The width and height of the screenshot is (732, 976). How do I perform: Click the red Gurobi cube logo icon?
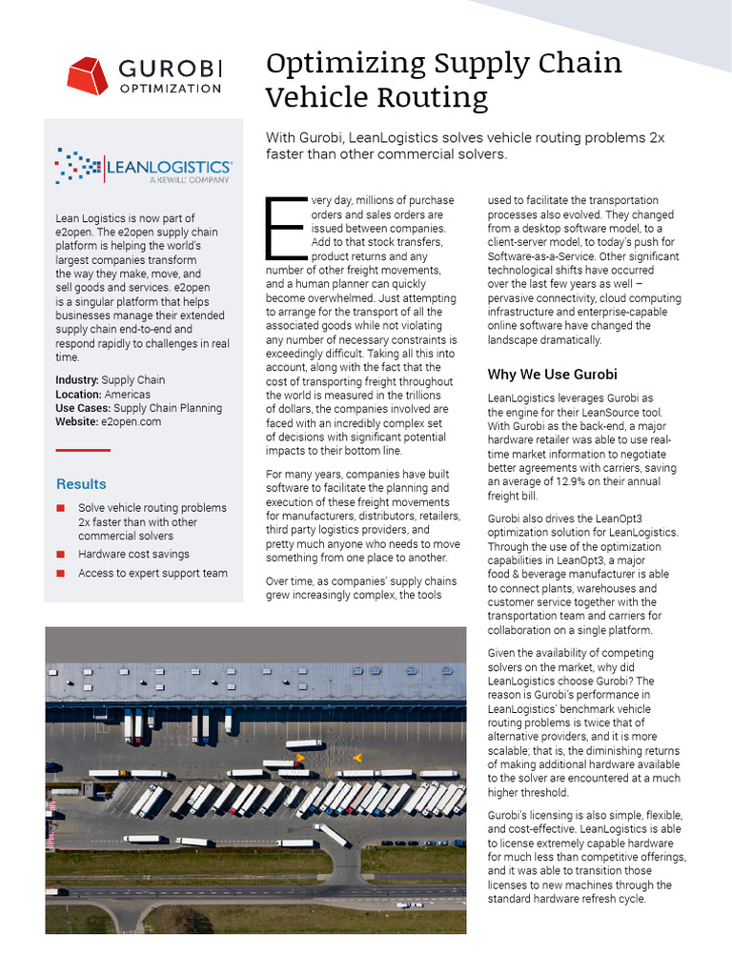click(x=88, y=76)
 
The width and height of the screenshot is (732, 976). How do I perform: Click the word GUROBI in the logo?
click(x=170, y=68)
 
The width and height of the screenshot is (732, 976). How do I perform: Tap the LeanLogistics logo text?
click(x=170, y=167)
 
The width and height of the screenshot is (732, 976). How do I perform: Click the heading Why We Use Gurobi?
click(x=552, y=374)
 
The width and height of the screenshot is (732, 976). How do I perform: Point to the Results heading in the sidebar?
click(x=81, y=484)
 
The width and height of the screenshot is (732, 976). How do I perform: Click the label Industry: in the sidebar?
click(x=77, y=380)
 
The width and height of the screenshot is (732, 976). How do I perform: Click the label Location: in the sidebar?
click(x=78, y=394)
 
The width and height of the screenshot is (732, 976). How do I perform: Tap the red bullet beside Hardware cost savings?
click(x=60, y=554)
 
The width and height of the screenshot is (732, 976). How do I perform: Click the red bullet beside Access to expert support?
click(x=60, y=573)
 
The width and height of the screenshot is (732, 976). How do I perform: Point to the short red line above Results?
click(x=83, y=450)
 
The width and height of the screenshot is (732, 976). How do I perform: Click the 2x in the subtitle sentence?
click(x=656, y=138)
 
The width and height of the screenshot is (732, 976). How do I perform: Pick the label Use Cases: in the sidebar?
click(x=82, y=408)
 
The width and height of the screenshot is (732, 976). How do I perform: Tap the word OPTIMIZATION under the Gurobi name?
click(x=170, y=88)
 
